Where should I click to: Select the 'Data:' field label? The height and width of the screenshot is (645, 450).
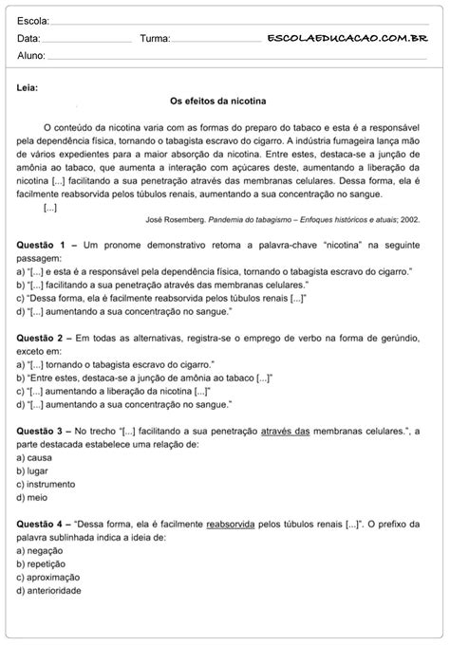pos(28,39)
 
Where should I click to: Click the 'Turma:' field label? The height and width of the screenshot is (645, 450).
pos(155,39)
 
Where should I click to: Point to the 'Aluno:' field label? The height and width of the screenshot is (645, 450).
pos(31,56)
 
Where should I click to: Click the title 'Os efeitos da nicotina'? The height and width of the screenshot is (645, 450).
pos(217,101)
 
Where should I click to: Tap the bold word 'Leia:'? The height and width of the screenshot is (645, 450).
pos(28,87)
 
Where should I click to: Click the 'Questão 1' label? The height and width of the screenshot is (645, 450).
pos(41,245)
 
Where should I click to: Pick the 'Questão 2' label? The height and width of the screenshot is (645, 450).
pos(41,338)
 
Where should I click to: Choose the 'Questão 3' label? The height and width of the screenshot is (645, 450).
pos(41,431)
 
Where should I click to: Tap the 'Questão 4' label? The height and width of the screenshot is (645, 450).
pos(41,523)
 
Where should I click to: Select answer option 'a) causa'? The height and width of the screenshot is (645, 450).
pos(35,456)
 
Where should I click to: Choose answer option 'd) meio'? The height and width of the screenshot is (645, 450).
pos(33,496)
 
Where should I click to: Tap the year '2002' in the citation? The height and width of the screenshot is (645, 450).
pos(410,218)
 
